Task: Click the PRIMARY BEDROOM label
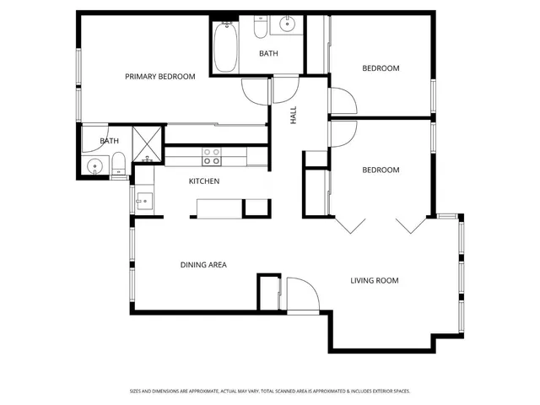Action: click(159, 77)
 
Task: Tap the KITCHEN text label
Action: click(204, 181)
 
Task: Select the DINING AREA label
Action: click(203, 265)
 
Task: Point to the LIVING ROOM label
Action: click(375, 280)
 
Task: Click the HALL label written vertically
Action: click(294, 117)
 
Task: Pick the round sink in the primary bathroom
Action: click(95, 165)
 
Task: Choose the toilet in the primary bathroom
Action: click(119, 164)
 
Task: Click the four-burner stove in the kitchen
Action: click(212, 156)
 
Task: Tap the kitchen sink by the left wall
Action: click(142, 201)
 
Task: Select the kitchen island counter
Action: click(219, 208)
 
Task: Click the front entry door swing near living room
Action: click(300, 295)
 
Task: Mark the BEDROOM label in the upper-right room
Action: click(381, 68)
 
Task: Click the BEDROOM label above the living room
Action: click(381, 170)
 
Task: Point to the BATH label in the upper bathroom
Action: click(268, 54)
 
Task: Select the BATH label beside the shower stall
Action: click(110, 141)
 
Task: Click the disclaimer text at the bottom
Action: click(270, 391)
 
